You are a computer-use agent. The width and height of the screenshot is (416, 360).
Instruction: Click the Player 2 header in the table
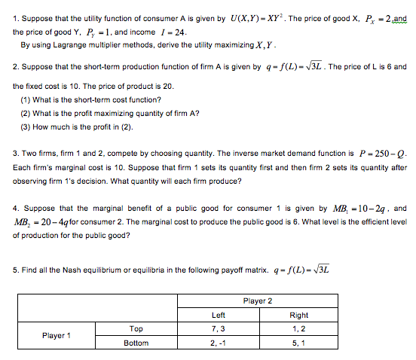coord(258,301)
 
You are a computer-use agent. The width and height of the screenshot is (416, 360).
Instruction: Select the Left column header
coord(219,315)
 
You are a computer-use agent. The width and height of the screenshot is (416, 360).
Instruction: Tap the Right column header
coord(298,315)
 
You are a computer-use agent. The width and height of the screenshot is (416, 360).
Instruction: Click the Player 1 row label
coord(57,335)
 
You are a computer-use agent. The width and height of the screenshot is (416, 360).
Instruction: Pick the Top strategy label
coord(136,328)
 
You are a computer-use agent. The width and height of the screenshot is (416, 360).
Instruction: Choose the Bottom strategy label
coord(136,343)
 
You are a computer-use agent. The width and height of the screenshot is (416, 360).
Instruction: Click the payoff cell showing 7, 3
coord(219,328)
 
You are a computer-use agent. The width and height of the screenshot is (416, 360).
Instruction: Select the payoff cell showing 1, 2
coord(298,328)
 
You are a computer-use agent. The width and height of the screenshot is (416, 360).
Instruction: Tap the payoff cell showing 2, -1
coord(219,343)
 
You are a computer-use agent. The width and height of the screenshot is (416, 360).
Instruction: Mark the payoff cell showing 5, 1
coord(298,343)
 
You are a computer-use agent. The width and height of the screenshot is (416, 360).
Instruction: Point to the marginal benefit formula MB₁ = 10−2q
coord(365,207)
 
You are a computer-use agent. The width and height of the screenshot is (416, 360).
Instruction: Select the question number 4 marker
coord(15,208)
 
